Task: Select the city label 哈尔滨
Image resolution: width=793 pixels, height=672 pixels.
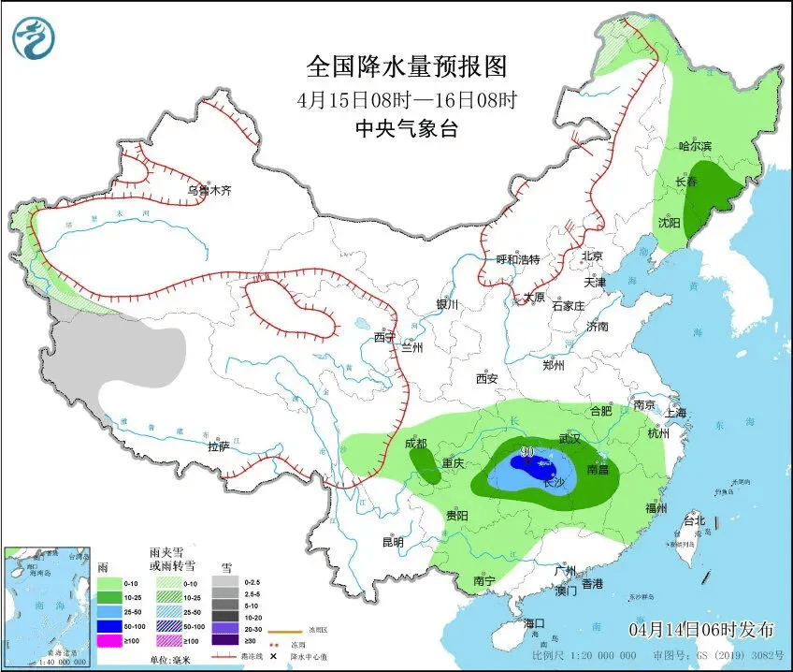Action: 695,146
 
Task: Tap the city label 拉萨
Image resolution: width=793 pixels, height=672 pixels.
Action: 218,446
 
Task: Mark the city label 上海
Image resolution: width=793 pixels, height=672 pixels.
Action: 674,413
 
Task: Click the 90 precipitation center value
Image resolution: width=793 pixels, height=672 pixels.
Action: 527,452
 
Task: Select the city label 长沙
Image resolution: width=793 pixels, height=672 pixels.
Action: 554,483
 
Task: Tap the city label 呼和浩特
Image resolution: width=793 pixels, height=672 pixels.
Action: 517,259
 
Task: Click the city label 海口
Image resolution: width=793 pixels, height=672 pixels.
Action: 534,623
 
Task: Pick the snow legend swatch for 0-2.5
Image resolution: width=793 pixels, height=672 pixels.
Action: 224,581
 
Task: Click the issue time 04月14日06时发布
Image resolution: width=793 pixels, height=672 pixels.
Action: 701,627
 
